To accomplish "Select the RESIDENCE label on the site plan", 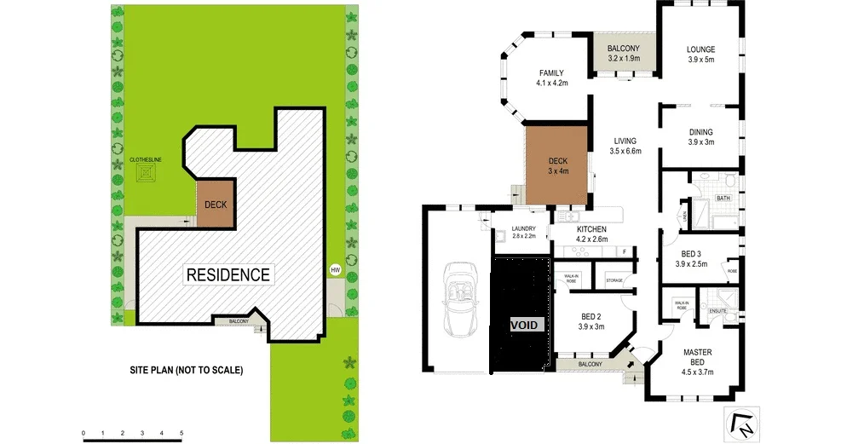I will coord(228,274).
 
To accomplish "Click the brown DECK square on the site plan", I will coord(215,205).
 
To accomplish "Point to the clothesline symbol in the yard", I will coord(150,174).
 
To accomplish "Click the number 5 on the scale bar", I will coord(181,434).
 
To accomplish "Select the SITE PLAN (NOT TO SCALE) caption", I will coord(187,371).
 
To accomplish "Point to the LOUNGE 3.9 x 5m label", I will coord(701,55).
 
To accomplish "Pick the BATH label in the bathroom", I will coord(723,198).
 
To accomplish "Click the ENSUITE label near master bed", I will coord(717,311).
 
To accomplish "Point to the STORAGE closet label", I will coord(614,280).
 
